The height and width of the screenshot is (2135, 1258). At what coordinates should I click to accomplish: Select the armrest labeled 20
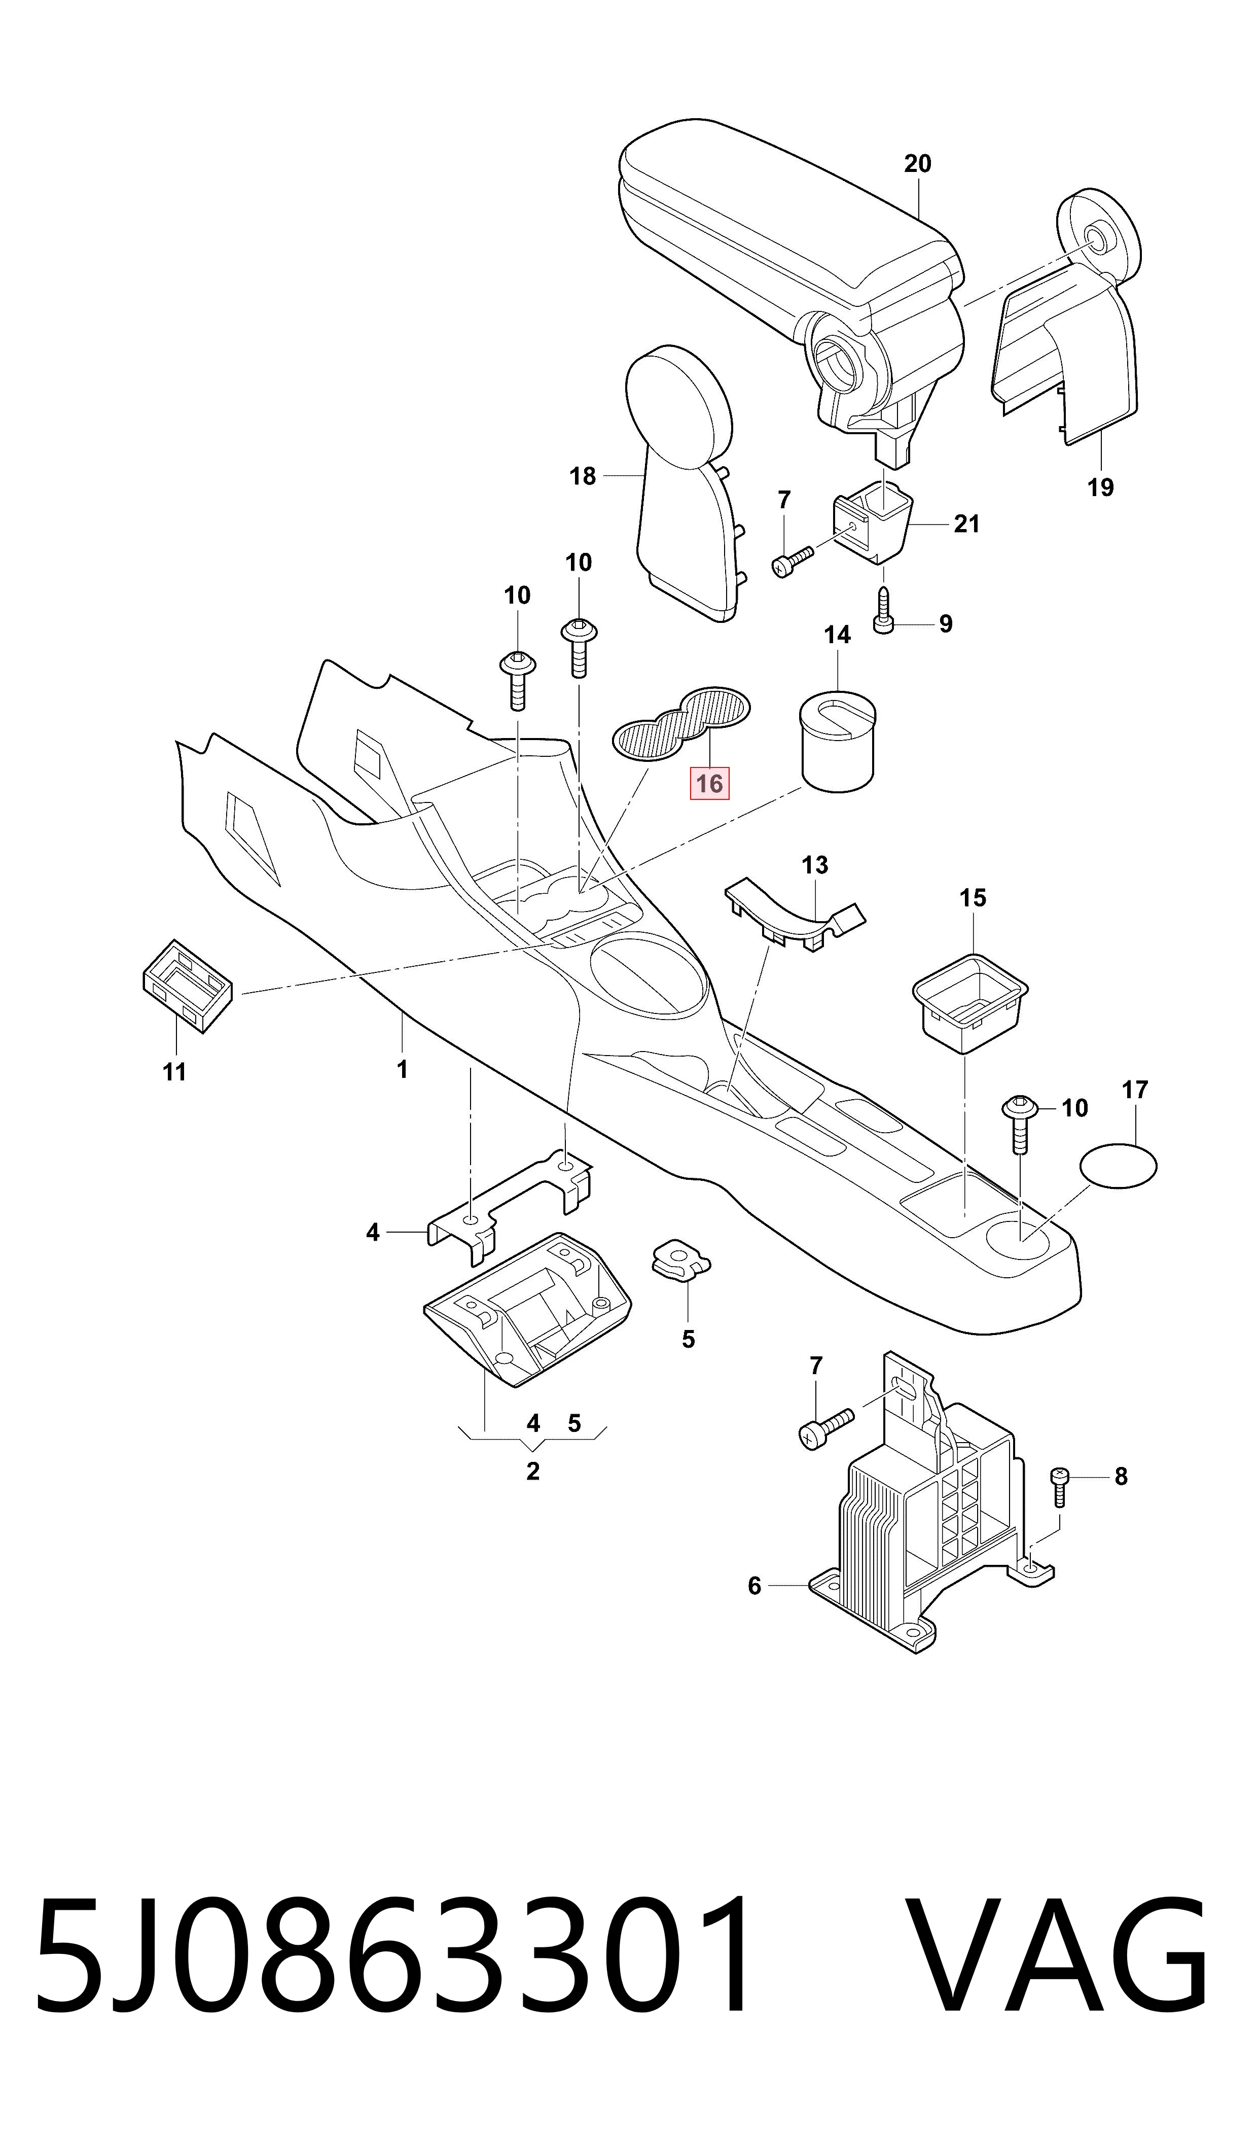(x=793, y=280)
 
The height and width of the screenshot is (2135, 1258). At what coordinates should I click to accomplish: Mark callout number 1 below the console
(x=403, y=1070)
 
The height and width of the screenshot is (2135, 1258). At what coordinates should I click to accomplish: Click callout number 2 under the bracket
(x=532, y=1471)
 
